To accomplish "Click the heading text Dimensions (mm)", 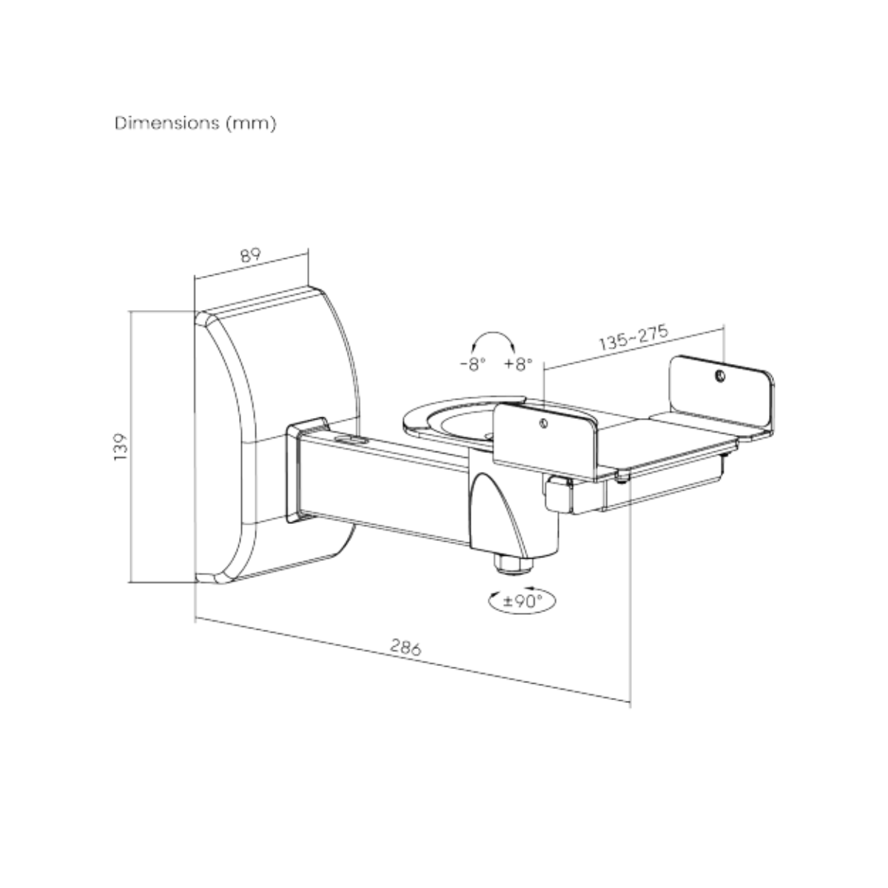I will pos(195,124).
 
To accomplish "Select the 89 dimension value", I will pos(251,255).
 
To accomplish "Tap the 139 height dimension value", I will pos(121,448).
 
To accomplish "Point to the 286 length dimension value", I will pos(405,647).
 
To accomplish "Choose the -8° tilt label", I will pos(472,364).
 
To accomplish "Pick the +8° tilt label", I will pos(518,364).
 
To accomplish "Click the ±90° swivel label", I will pos(522,601).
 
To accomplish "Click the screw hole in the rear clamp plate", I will pos(720,377).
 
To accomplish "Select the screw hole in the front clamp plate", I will pos(544,424).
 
